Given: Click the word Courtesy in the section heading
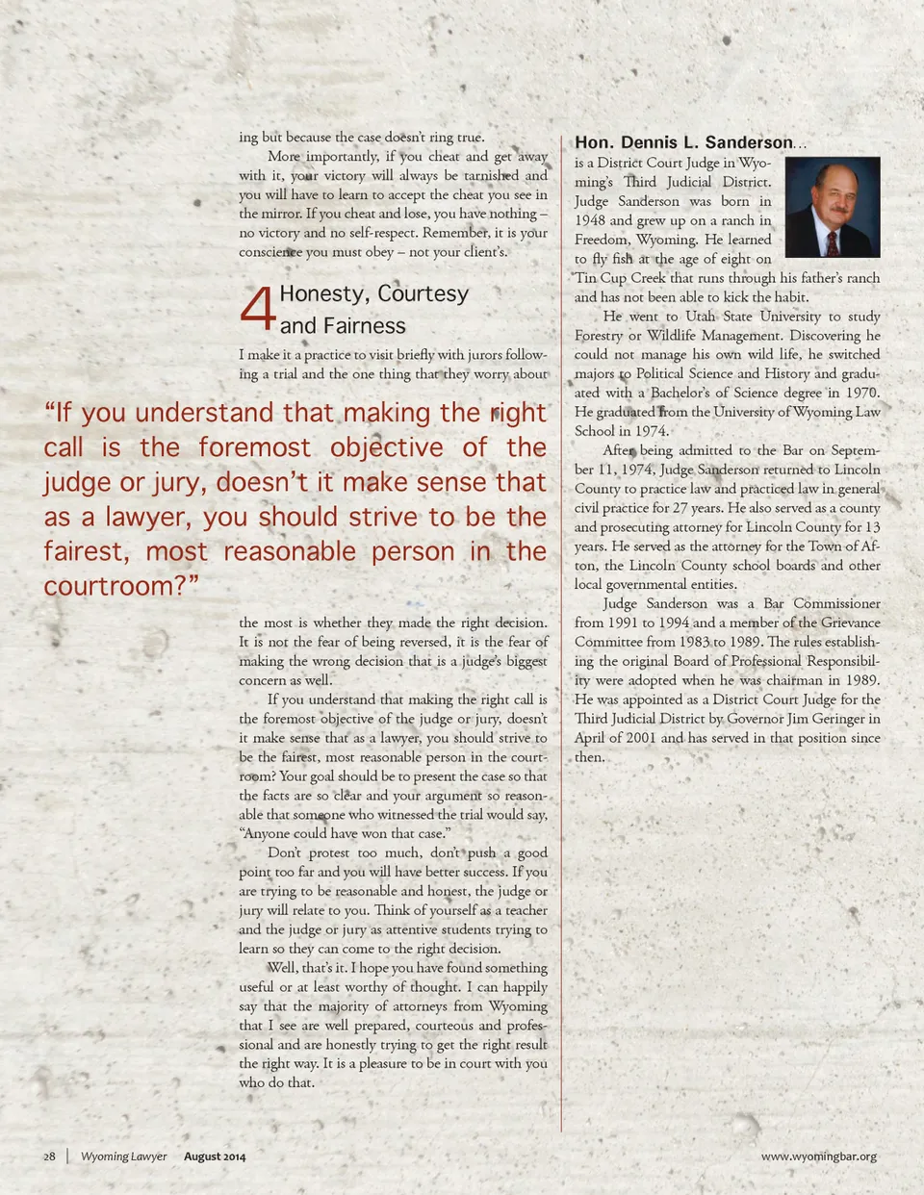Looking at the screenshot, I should (422, 294).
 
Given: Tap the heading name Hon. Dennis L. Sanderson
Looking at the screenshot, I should (683, 142).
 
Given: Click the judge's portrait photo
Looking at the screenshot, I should (833, 207).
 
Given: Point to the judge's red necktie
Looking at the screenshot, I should (832, 242).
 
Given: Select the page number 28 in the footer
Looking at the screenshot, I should (49, 1157).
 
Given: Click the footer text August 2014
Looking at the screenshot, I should (215, 1157).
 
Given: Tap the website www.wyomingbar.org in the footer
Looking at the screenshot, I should (818, 1157).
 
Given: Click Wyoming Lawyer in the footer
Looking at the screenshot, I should (123, 1157).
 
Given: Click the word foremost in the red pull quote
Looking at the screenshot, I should (254, 447).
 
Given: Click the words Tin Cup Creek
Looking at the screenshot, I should (620, 278).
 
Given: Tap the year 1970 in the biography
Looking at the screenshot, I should (861, 393).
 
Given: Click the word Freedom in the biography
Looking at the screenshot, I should (600, 240).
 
